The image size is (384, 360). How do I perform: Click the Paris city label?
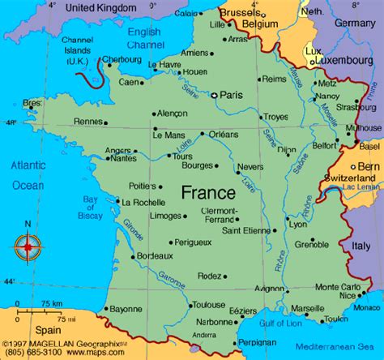[x=233, y=94]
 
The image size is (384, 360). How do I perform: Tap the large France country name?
[x=208, y=193]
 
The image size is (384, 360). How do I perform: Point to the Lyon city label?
[x=298, y=224]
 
